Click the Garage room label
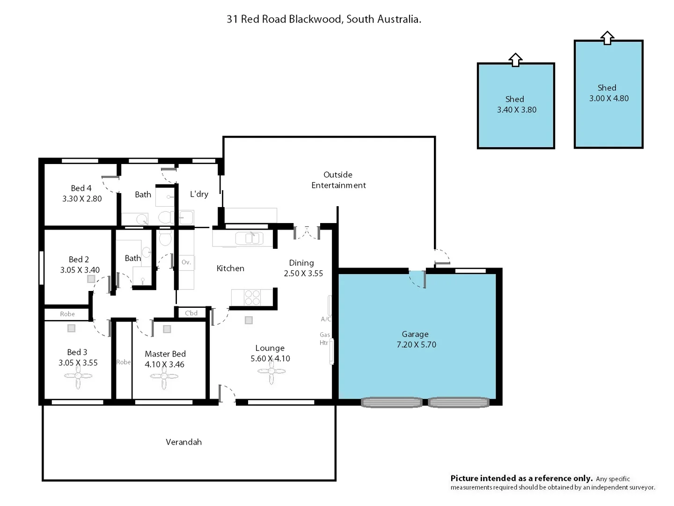tap(415, 334)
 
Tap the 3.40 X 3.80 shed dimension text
tap(516, 110)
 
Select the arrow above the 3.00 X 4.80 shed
tap(607, 38)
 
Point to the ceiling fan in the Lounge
tap(271, 372)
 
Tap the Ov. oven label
tap(186, 262)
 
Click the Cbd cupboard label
tap(191, 313)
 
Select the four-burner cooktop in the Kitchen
tap(252, 298)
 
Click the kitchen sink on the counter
tap(252, 238)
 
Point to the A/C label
tap(326, 319)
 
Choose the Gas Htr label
tap(324, 339)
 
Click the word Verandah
tap(183, 442)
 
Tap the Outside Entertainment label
tap(338, 180)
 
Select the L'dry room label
tap(199, 194)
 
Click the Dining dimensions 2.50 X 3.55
tap(303, 273)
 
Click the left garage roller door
tap(392, 402)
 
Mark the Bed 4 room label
tap(81, 188)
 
